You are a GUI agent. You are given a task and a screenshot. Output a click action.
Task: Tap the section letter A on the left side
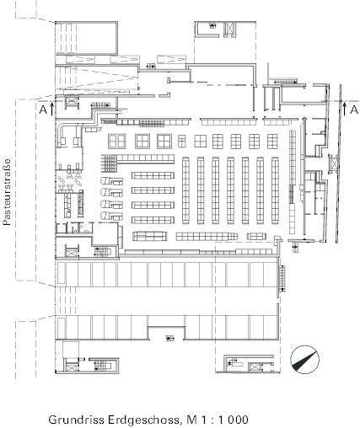pos(41,109)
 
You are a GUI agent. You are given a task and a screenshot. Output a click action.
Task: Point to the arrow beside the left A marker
pos(51,107)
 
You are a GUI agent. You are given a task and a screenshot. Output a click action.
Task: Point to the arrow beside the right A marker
pos(343,106)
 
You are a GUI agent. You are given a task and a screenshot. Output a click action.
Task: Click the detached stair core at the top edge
pos(221,29)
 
